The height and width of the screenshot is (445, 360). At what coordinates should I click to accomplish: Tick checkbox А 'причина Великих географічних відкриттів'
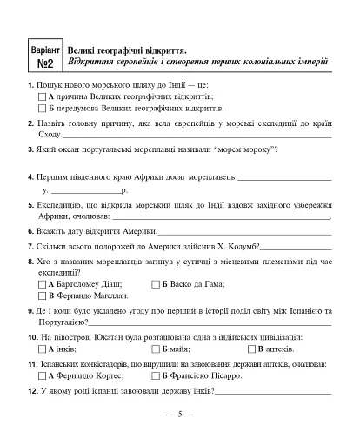[43, 97]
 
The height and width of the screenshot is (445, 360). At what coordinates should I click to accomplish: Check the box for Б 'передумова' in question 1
[43, 110]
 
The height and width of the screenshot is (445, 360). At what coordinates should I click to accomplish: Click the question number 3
[31, 150]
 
